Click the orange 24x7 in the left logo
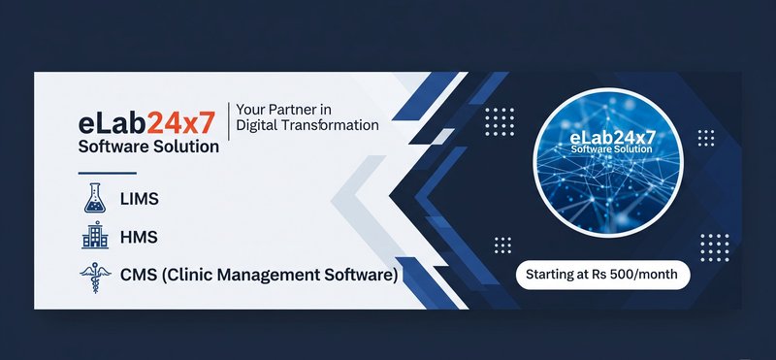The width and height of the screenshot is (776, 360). point(179,123)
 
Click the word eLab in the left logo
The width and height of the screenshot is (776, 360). point(112,123)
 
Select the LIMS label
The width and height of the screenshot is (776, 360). point(139,199)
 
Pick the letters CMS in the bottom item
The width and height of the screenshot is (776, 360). point(140,276)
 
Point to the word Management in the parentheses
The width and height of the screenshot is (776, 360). point(275,276)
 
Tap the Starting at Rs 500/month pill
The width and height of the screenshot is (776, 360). point(602,275)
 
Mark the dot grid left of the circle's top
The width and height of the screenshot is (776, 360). point(499,120)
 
